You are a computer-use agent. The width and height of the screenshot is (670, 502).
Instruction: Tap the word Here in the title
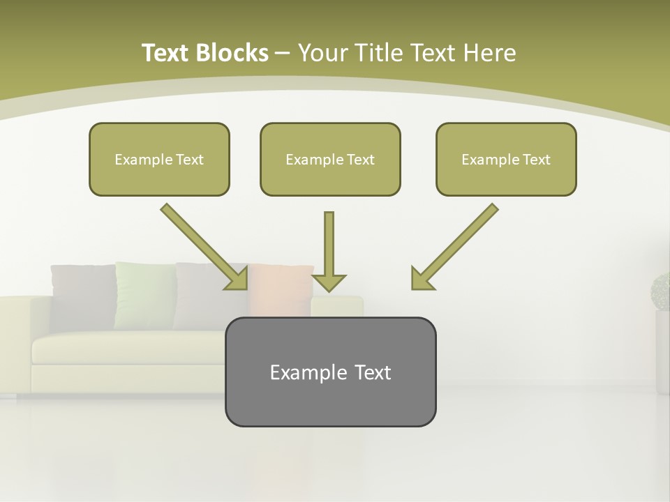tap(489, 53)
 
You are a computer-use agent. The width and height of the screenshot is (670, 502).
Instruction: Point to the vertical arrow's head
tap(329, 282)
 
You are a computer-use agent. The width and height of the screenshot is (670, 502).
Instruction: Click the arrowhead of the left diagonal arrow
tap(238, 280)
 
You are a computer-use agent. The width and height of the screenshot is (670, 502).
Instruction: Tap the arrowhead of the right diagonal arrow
tap(421, 280)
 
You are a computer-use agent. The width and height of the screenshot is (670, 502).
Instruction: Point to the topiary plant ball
tap(660, 291)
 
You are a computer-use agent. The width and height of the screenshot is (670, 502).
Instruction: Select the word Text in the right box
tap(536, 160)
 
